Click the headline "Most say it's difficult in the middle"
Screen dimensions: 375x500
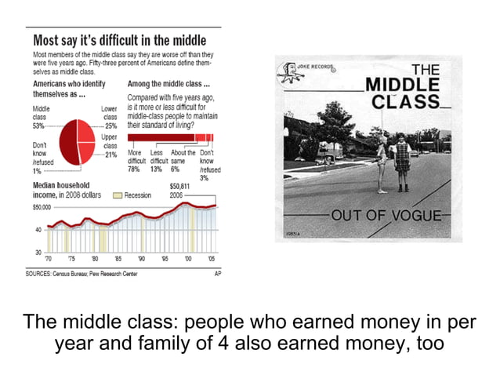tap(119, 40)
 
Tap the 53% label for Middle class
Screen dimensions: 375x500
tap(38, 125)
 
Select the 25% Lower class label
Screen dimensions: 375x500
tap(111, 125)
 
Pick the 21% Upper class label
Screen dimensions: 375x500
tap(111, 155)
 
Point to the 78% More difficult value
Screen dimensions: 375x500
tap(133, 169)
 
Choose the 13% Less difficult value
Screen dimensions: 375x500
tap(156, 169)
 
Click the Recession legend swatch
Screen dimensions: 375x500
tap(118, 195)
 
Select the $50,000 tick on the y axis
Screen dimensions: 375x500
tap(41, 208)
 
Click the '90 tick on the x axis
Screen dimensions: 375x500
tap(142, 257)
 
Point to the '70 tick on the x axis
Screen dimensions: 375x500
tap(48, 257)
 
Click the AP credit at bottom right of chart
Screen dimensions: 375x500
tap(218, 273)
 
